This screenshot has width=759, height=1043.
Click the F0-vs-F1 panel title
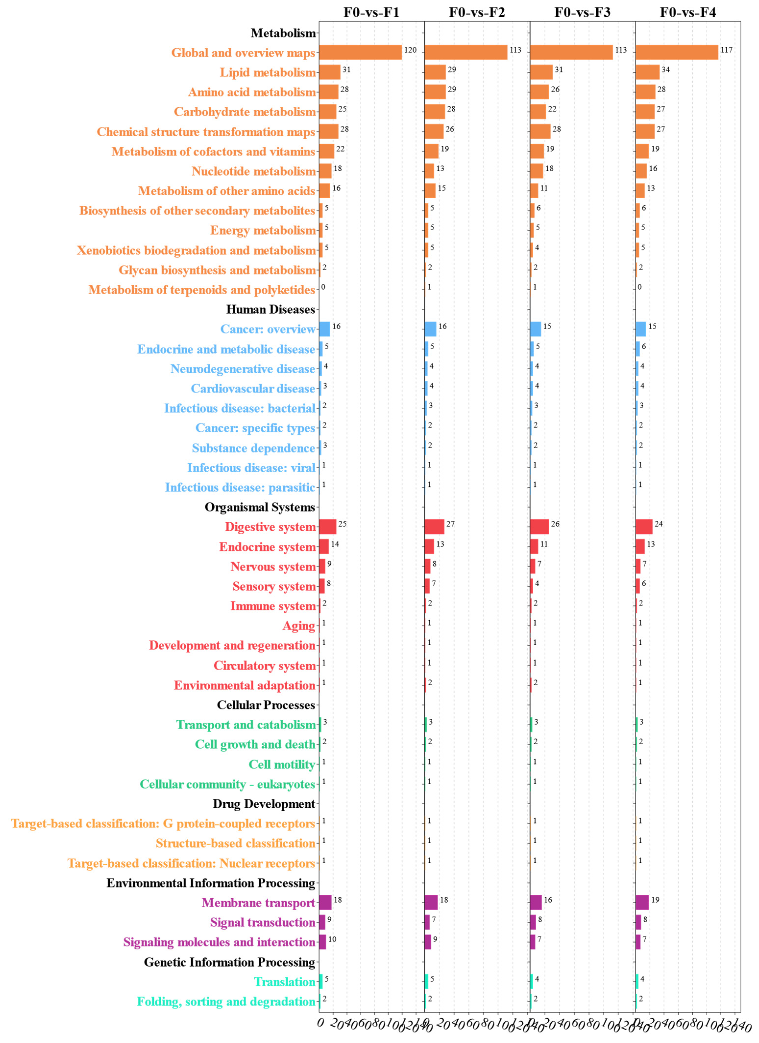pyautogui.click(x=371, y=12)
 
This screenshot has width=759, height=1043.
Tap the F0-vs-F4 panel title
pyautogui.click(x=688, y=12)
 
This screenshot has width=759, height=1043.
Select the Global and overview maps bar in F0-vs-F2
pyautogui.click(x=466, y=52)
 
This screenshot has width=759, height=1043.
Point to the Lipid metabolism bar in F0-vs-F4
pyautogui.click(x=647, y=72)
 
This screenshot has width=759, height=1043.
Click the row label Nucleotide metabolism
pyautogui.click(x=253, y=171)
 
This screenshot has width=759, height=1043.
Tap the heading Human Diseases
pyautogui.click(x=270, y=309)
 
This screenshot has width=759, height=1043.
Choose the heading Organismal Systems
pyautogui.click(x=260, y=507)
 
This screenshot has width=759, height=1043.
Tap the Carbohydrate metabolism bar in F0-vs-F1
pyautogui.click(x=327, y=112)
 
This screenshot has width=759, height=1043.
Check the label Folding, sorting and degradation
pyautogui.click(x=226, y=1002)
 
